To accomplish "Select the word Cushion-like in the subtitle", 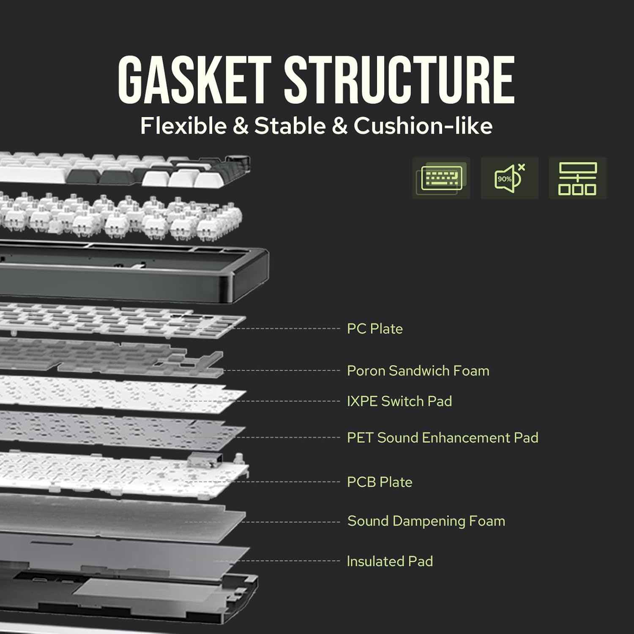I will [423, 126].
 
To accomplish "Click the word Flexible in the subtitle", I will [183, 126].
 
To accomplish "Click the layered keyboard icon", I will [441, 178].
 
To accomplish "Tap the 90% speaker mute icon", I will [509, 178].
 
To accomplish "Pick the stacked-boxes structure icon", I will [577, 178].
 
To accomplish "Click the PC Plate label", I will [374, 328].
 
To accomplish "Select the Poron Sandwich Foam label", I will [418, 371].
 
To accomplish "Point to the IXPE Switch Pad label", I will [399, 401].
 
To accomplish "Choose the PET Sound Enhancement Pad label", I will [442, 437].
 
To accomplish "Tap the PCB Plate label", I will [379, 482].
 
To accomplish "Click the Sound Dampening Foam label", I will [426, 521].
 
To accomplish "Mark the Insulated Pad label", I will [390, 561].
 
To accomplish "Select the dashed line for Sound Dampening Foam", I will [292, 522].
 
